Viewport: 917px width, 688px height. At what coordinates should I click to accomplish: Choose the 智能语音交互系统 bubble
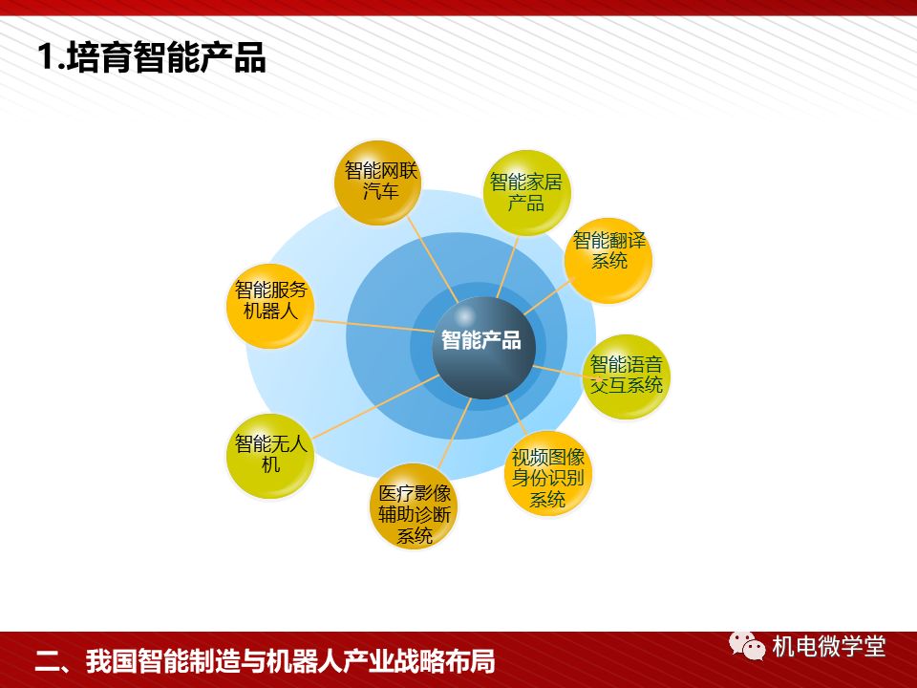point(626,376)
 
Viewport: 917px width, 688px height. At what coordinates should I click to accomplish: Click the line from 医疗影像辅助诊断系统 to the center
point(453,431)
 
